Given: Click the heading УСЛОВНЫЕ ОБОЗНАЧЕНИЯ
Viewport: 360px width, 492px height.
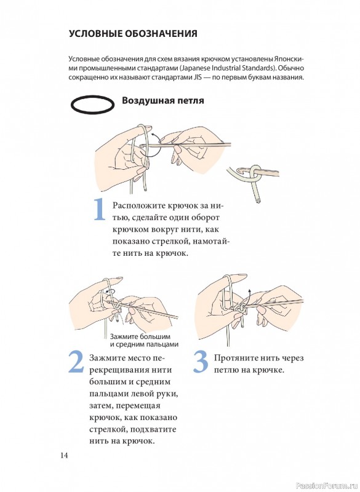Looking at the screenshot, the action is coord(133,34).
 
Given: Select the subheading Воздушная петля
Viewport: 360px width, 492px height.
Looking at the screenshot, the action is coord(163,100).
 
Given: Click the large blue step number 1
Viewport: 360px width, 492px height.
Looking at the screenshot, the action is coord(100,208).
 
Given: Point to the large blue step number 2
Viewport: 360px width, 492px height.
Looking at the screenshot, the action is coord(76,362).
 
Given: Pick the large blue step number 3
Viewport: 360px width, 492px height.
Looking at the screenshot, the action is coord(201,362).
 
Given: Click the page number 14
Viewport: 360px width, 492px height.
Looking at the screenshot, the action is coord(64,455).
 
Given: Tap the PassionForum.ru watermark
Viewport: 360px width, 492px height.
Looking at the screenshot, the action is coord(322,485).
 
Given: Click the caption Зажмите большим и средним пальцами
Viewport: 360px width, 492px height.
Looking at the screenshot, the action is coord(144,341).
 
